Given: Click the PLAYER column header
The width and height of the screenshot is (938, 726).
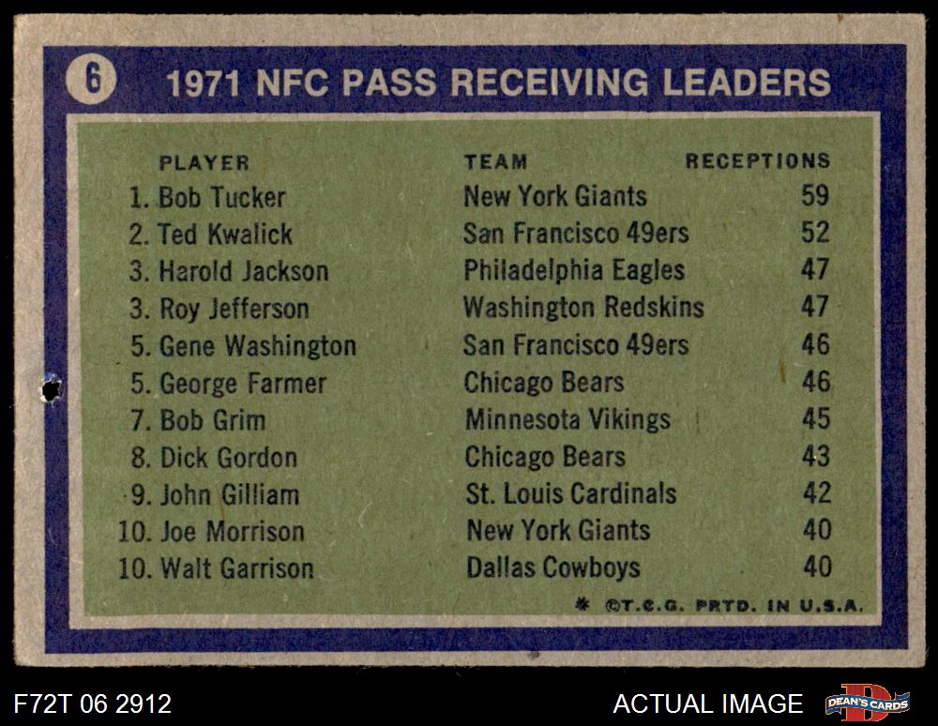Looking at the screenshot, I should coord(204,162).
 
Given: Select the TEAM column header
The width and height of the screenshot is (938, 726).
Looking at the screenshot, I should coord(495,162).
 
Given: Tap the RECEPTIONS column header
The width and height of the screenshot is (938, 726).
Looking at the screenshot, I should coord(757,161).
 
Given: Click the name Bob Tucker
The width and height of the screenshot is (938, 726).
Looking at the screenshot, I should coord(221,197).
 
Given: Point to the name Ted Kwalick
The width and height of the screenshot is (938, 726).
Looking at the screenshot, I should coord(225,234).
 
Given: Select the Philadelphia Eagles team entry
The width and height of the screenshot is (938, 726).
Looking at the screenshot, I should coord(574,270).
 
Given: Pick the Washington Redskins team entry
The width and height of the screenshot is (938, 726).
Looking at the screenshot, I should coord(583,307).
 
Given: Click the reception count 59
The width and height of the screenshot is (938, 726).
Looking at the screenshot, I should coord(815,196).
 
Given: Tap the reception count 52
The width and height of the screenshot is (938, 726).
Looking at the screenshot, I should coord(815,233).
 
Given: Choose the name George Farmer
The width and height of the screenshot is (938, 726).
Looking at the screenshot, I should coord(243,383).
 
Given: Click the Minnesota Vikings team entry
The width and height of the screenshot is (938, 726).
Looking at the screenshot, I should coord(567,419).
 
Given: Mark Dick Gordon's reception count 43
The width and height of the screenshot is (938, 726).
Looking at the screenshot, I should coord(815,456).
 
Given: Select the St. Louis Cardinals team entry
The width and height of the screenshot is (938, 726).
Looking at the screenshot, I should coord(570,493).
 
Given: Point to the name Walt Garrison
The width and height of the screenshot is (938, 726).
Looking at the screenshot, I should coord(236,567).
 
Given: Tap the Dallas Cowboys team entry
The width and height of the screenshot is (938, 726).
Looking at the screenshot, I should coord(553,567).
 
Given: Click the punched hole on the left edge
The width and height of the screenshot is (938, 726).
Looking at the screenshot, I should coord(50,386).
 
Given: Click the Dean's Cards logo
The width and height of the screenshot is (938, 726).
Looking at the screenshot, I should coord(868,703).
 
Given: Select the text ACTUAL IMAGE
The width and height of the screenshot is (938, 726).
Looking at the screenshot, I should coord(708,703).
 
